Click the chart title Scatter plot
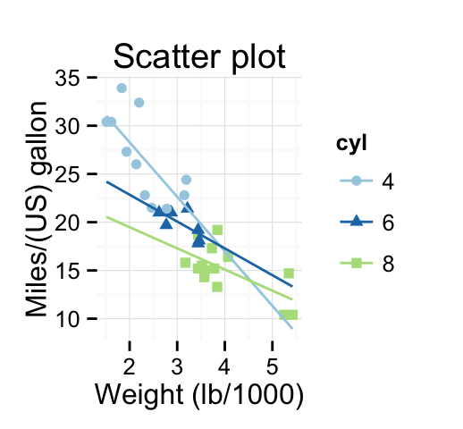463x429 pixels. click(198, 57)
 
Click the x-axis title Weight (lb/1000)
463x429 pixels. click(198, 395)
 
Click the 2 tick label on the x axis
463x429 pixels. click(130, 366)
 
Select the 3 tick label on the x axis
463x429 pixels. click(177, 366)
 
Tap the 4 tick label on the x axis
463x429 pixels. click(224, 366)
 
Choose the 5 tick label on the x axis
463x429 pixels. click(272, 366)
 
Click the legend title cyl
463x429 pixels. click(349, 143)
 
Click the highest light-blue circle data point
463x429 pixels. click(122, 88)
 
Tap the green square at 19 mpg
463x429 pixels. click(217, 230)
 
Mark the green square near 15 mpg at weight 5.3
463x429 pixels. click(289, 273)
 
